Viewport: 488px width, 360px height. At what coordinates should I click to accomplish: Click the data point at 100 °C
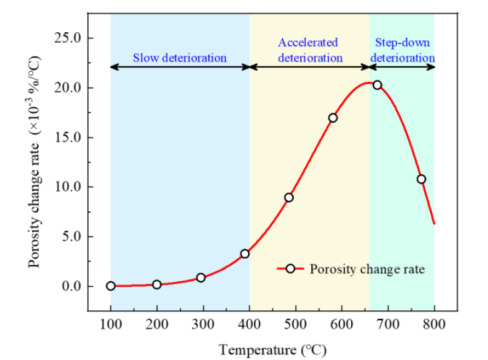(x=111, y=286)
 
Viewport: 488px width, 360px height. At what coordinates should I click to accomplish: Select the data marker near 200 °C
(x=157, y=284)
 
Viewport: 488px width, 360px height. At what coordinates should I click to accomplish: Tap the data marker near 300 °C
(x=201, y=278)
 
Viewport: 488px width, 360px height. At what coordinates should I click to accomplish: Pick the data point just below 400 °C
(x=245, y=253)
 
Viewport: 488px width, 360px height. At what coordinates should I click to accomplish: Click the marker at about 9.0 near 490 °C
(x=289, y=198)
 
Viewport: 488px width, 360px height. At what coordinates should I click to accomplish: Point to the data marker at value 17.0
(x=333, y=118)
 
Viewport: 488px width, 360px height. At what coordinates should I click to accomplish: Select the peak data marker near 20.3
(x=377, y=85)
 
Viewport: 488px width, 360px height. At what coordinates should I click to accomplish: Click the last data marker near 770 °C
(x=421, y=179)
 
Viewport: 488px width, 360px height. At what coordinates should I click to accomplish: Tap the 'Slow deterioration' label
(x=180, y=58)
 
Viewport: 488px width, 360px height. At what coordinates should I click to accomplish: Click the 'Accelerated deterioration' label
(x=309, y=50)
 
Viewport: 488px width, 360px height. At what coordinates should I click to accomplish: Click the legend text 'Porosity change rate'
(x=367, y=269)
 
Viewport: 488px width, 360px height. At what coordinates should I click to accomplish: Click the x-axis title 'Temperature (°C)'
(x=273, y=349)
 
